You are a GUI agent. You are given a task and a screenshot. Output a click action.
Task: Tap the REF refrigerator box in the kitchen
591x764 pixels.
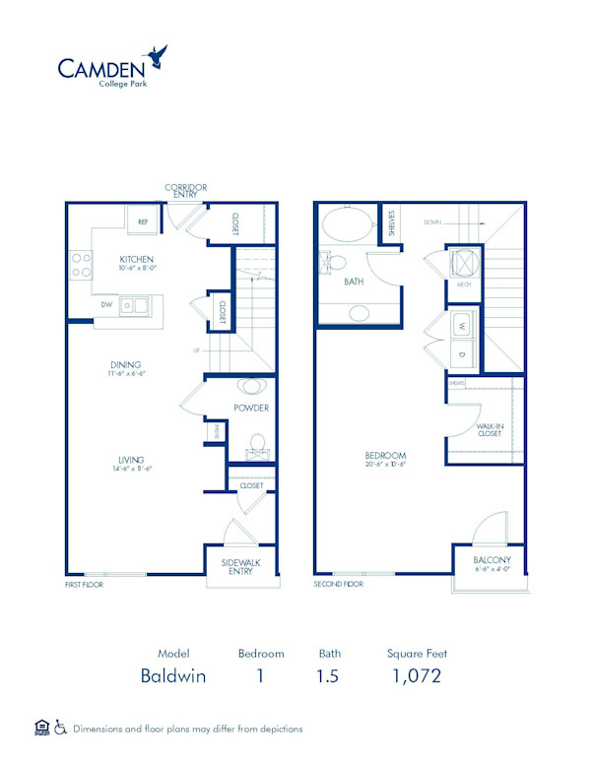[x=142, y=222]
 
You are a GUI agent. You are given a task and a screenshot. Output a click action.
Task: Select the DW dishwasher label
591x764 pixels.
[x=105, y=305]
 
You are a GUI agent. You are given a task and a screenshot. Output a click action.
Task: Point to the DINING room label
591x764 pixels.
[x=125, y=364]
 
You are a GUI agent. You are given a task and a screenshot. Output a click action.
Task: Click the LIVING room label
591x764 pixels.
[x=130, y=460]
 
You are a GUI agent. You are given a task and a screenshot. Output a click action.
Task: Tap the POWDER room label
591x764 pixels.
[x=251, y=408]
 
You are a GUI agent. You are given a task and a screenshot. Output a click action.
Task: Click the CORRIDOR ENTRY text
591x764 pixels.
[x=184, y=190]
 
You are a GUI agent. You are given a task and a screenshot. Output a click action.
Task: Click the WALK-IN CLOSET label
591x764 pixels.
[x=489, y=427]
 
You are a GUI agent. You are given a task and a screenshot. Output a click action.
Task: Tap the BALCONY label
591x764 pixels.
[x=490, y=560]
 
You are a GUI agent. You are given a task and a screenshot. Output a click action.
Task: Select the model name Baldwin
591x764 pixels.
[x=172, y=676]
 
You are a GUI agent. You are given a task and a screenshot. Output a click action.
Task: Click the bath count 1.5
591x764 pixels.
[x=329, y=676]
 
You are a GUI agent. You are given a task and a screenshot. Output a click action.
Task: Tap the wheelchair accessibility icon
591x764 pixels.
[x=60, y=728]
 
